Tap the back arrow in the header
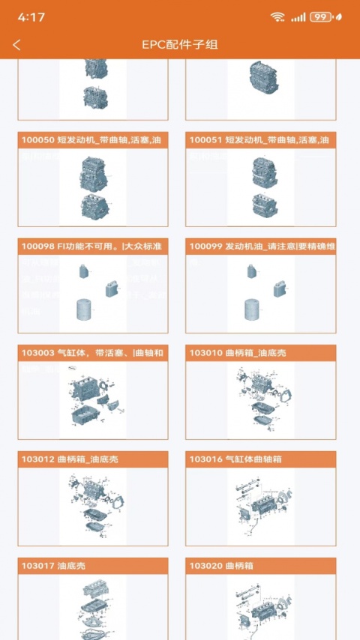pyautogui.click(x=16, y=45)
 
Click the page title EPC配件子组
pyautogui.click(x=180, y=45)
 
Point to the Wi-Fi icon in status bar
pyautogui.click(x=277, y=16)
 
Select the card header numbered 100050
pyautogui.click(x=93, y=140)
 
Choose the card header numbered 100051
pyautogui.click(x=260, y=140)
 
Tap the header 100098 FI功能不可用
pyautogui.click(x=93, y=247)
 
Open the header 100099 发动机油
pyautogui.click(x=260, y=247)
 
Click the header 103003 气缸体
pyautogui.click(x=93, y=353)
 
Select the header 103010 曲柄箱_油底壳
pyautogui.click(x=260, y=353)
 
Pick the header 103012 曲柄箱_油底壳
pyautogui.click(x=93, y=459)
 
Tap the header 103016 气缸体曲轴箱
pyautogui.click(x=260, y=459)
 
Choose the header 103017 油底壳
pyautogui.click(x=93, y=566)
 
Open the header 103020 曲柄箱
pyautogui.click(x=260, y=566)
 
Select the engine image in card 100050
pyautogui.click(x=93, y=187)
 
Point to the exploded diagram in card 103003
pyautogui.click(x=93, y=401)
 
